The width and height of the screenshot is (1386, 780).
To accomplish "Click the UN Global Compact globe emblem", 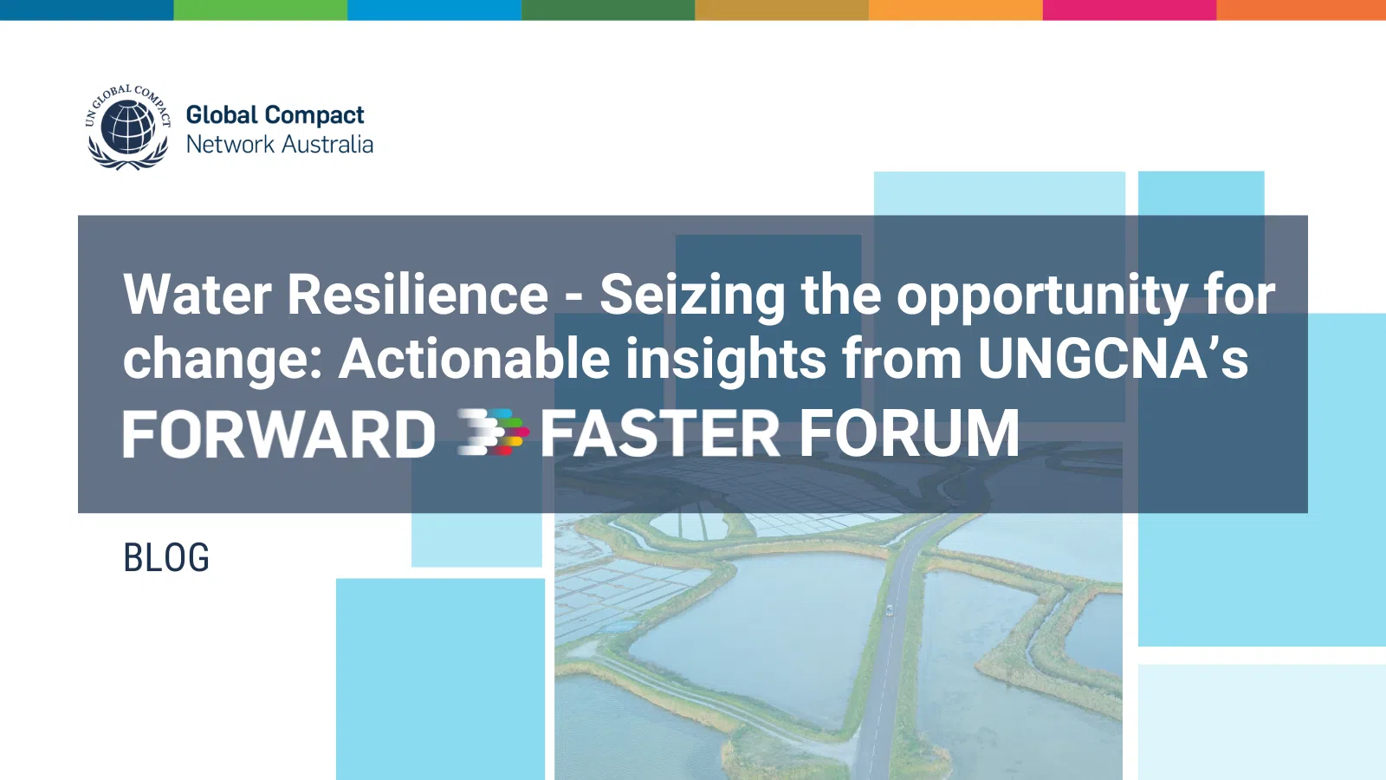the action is click(128, 127).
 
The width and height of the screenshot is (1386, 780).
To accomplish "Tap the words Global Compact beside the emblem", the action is click(275, 116).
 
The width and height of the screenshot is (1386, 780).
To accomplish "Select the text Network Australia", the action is click(280, 144).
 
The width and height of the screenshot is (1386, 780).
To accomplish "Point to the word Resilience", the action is click(418, 295).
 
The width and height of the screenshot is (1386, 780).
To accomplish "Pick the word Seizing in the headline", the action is click(693, 297).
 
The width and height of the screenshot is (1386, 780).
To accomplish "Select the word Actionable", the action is click(474, 359).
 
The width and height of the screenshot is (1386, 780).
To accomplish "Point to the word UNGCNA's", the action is click(1113, 359).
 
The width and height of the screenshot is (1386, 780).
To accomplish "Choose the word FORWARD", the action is click(280, 434).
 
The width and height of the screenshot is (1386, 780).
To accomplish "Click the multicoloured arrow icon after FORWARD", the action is click(493, 432).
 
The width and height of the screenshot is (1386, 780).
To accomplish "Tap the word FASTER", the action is click(660, 434).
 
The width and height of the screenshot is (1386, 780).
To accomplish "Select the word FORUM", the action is click(910, 434).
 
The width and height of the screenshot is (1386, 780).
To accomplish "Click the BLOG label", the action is click(166, 557).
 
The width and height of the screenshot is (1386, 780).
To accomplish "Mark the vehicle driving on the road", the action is click(889, 610).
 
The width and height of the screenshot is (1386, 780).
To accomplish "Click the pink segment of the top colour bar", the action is click(1130, 10).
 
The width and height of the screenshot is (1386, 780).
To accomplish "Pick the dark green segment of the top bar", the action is click(608, 10).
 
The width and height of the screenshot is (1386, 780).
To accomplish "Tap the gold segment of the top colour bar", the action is click(782, 10).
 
